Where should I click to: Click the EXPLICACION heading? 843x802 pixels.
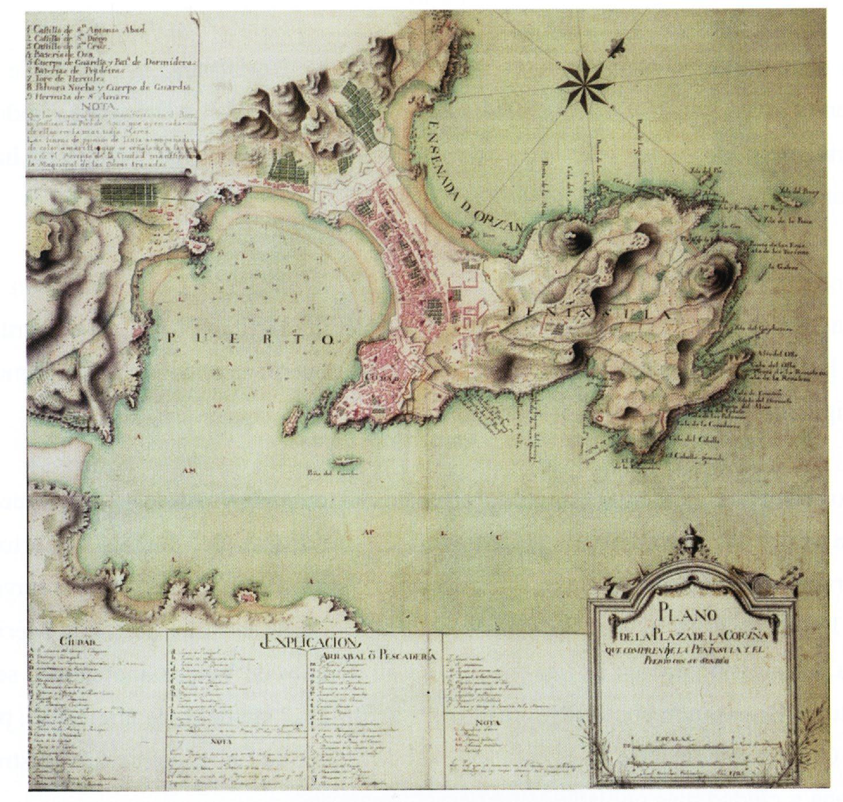point(311,642)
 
